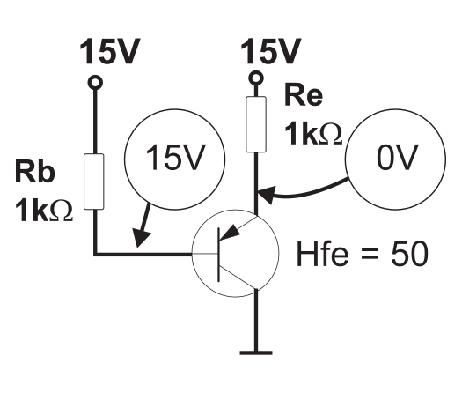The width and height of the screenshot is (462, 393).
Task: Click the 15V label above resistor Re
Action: (271, 52)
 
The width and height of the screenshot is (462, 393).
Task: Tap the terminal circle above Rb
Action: (95, 82)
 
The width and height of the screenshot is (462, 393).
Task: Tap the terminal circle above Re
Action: (256, 78)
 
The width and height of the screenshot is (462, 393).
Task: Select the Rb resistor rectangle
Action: (94, 182)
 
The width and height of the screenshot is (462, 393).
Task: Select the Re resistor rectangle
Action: (256, 124)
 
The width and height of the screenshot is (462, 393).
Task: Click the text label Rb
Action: (35, 171)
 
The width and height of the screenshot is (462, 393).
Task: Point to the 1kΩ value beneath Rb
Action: (44, 210)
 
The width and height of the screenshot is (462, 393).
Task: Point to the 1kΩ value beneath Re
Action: (313, 133)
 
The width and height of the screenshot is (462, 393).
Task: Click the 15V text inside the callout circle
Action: (175, 157)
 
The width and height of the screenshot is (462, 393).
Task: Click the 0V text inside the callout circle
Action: (397, 157)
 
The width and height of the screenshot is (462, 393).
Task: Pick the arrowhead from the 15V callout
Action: (141, 238)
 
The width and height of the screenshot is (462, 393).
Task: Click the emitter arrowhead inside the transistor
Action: (230, 233)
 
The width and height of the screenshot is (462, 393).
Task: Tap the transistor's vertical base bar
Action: (218, 255)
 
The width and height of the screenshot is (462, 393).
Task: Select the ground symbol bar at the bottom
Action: (256, 352)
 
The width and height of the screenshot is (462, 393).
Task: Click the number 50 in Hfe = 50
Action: (409, 254)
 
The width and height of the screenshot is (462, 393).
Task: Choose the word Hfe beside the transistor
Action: (322, 254)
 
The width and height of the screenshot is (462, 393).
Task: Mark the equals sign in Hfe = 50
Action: (370, 254)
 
